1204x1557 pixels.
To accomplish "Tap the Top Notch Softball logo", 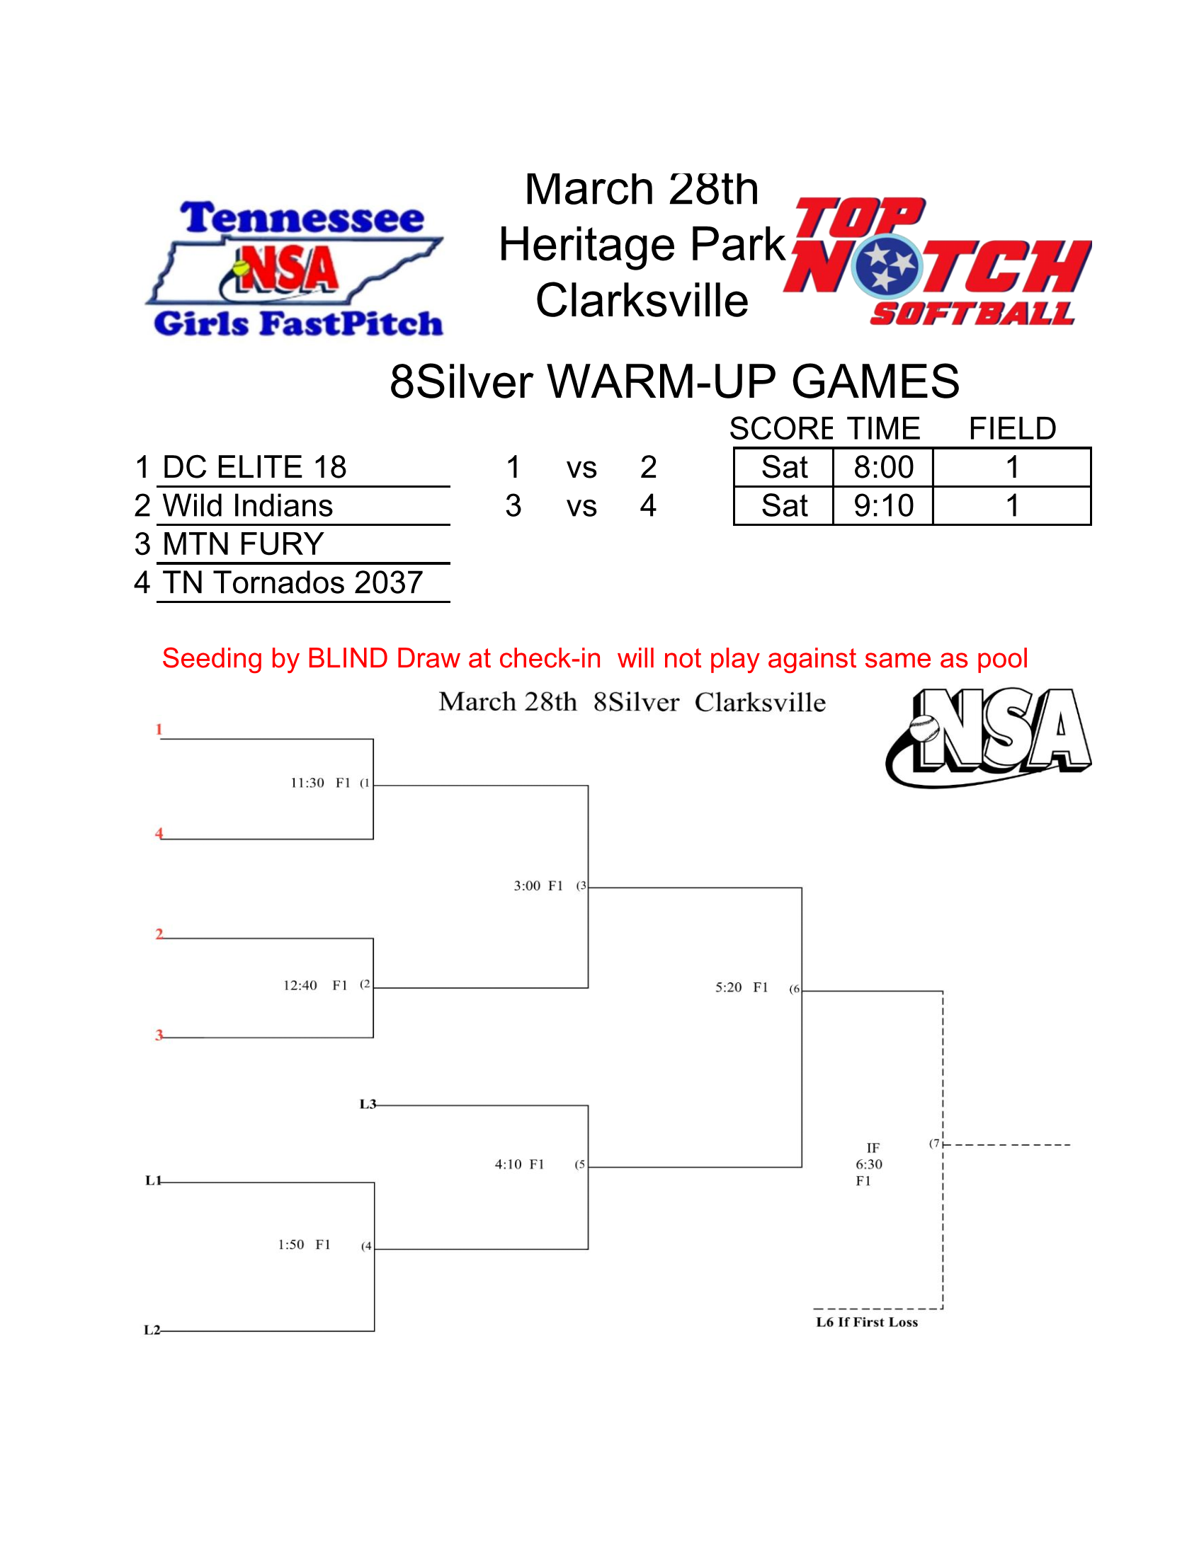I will click(937, 263).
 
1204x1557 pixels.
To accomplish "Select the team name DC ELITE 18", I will click(254, 468).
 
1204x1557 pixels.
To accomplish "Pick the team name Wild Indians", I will click(247, 506).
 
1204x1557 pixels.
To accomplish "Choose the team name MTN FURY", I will click(243, 545).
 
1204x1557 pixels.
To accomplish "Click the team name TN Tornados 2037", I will click(293, 583).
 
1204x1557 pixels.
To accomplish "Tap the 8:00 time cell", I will click(883, 468).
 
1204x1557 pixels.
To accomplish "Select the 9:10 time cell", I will click(883, 506).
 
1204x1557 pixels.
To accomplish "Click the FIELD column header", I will click(1011, 429).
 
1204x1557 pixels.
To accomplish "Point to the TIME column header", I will click(883, 429).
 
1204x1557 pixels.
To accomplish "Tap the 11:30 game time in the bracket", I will click(307, 783).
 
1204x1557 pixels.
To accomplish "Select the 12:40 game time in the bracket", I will click(300, 986).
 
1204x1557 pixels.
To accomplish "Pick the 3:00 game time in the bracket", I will click(527, 886).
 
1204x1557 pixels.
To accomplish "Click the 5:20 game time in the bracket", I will click(728, 987).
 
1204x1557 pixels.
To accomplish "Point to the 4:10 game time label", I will click(508, 1164).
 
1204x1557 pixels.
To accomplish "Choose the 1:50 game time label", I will click(291, 1245).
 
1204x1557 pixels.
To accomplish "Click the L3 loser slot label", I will click(368, 1104).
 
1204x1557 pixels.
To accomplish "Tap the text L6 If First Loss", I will click(867, 1323).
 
